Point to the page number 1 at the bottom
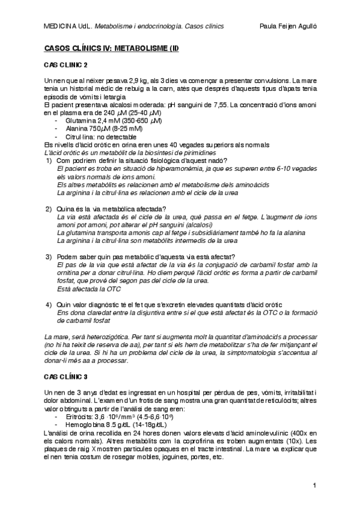tap(314, 485)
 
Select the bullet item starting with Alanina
tap(100, 128)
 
